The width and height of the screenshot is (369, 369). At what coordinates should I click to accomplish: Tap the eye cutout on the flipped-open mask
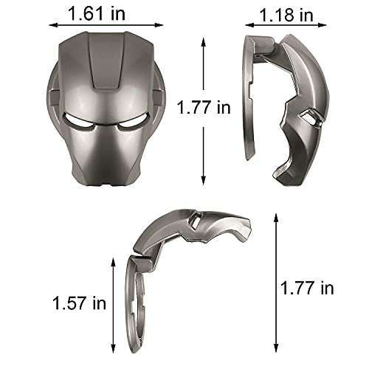point(193,221)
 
